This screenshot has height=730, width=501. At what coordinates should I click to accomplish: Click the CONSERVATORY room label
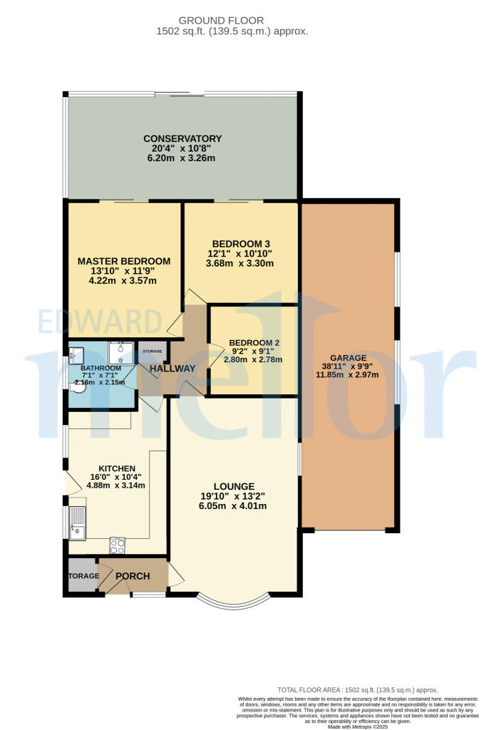[182, 138]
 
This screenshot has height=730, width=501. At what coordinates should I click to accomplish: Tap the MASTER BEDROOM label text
[124, 261]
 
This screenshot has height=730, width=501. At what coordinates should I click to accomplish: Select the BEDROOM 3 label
[240, 242]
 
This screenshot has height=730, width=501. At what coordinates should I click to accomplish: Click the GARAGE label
[348, 358]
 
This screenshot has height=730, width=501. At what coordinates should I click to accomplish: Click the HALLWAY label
[172, 369]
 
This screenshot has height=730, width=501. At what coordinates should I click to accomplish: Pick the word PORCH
[133, 576]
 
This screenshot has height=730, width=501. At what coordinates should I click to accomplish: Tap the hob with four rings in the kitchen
[117, 545]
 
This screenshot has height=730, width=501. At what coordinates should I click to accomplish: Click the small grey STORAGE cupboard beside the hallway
[153, 351]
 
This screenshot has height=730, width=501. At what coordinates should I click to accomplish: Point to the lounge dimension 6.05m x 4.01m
[233, 507]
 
